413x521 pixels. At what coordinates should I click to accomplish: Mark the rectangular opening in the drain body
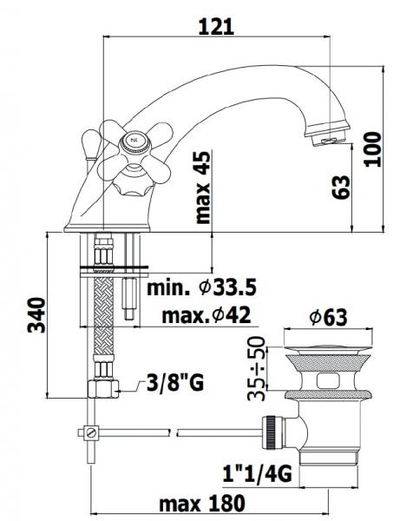click(331, 379)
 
